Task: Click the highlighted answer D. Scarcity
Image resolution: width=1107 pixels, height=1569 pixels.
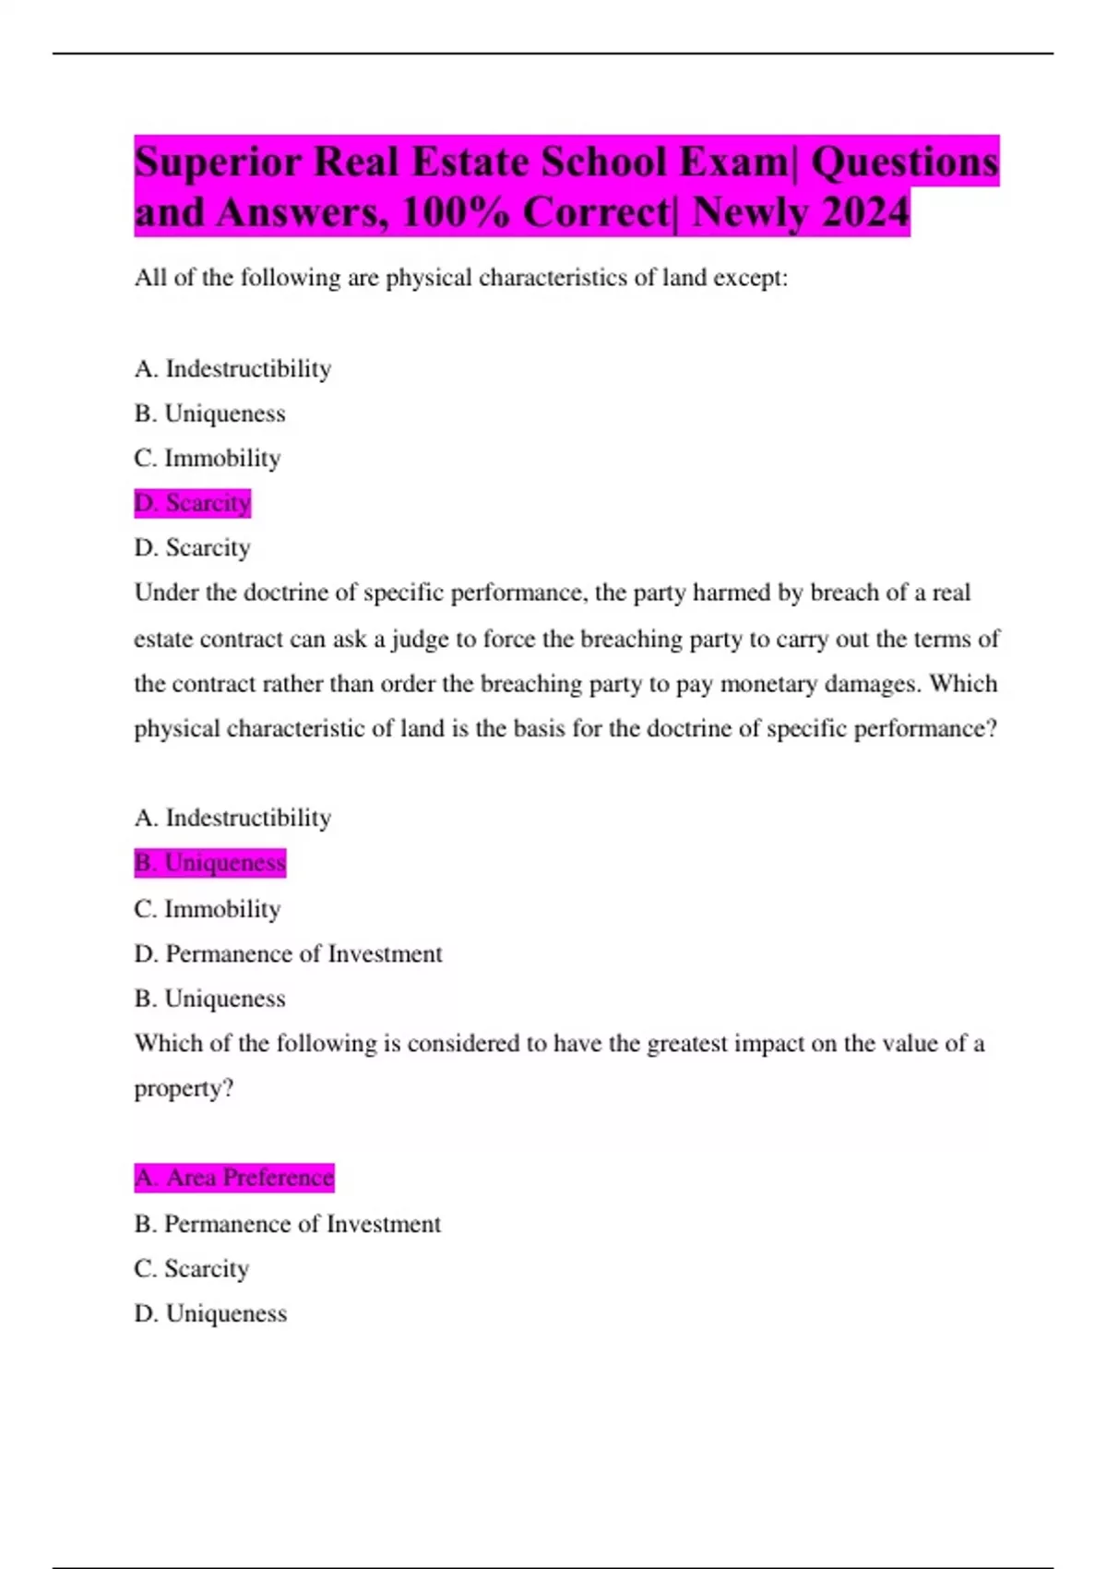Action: [x=192, y=503]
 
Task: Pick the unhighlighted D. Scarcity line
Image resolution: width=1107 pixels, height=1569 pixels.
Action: [x=192, y=548]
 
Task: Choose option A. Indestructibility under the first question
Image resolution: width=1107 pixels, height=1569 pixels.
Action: [x=232, y=369]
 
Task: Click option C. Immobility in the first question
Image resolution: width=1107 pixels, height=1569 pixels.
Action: [x=208, y=459]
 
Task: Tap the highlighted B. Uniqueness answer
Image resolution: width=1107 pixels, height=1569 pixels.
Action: [x=209, y=863]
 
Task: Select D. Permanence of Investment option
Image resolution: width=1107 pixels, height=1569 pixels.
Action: [x=288, y=953]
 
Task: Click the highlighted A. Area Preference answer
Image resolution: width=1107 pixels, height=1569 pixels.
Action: [x=233, y=1178]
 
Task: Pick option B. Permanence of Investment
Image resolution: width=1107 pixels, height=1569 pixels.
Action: [x=287, y=1224]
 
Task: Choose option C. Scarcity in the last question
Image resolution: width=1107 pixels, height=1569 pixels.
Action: [x=191, y=1269]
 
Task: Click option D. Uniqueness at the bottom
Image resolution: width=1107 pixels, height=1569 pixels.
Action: [x=210, y=1313]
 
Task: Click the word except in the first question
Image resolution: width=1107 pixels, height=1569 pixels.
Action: [x=751, y=278]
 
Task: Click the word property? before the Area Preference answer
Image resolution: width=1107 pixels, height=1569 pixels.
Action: [x=184, y=1089]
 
